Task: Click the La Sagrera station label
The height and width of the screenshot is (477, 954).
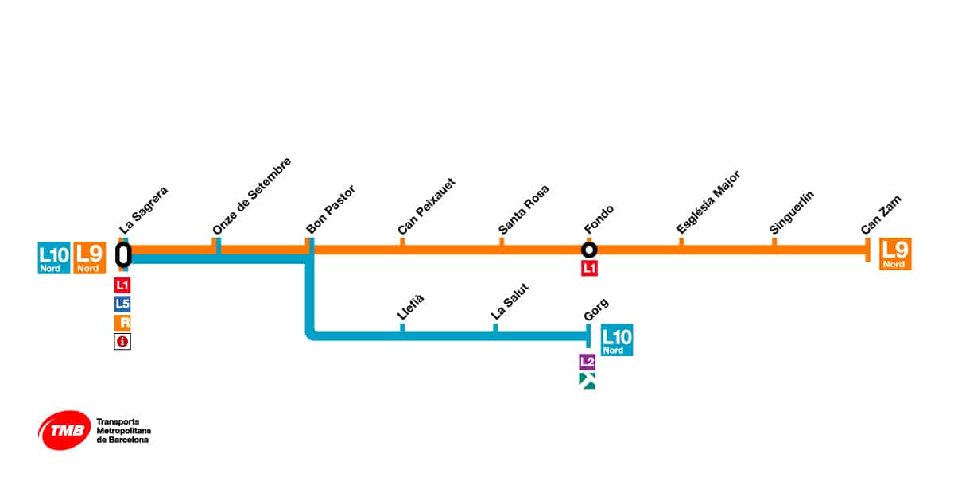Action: tap(144, 210)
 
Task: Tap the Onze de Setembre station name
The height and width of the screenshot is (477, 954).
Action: tap(252, 196)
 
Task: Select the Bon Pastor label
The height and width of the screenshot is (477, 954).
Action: tap(331, 210)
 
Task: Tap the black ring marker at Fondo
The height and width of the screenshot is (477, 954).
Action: tap(589, 250)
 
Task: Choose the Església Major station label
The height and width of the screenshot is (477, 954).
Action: tap(708, 202)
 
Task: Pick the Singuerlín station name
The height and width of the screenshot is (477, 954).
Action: tap(793, 212)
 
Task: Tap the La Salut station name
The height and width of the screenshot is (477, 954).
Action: tap(510, 302)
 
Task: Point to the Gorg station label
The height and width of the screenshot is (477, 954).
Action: tap(596, 309)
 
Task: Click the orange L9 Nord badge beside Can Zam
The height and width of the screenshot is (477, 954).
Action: tap(895, 254)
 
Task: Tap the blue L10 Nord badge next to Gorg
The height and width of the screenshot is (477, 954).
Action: tap(617, 340)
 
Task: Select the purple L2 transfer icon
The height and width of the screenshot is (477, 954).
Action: tap(587, 362)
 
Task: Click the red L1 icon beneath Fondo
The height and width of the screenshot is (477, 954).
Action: tap(589, 269)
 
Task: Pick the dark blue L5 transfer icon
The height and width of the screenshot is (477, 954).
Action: tap(122, 304)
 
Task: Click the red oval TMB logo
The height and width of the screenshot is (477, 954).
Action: tap(63, 430)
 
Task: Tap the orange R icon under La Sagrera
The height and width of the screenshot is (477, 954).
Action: tap(122, 323)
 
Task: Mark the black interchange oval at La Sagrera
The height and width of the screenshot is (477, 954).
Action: tap(123, 254)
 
